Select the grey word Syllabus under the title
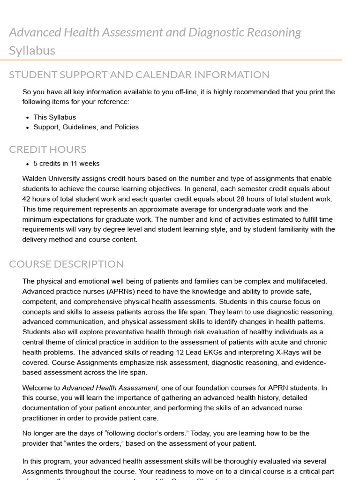[x=32, y=51]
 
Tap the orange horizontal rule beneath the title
[x=175, y=60]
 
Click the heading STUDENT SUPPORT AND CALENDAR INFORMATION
[x=139, y=75]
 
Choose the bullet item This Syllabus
[x=54, y=117]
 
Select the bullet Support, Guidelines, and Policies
[x=86, y=127]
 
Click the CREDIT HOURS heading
[x=47, y=150]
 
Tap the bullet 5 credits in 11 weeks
[x=66, y=164]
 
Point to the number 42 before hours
[x=27, y=199]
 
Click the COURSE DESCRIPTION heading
[x=66, y=264]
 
